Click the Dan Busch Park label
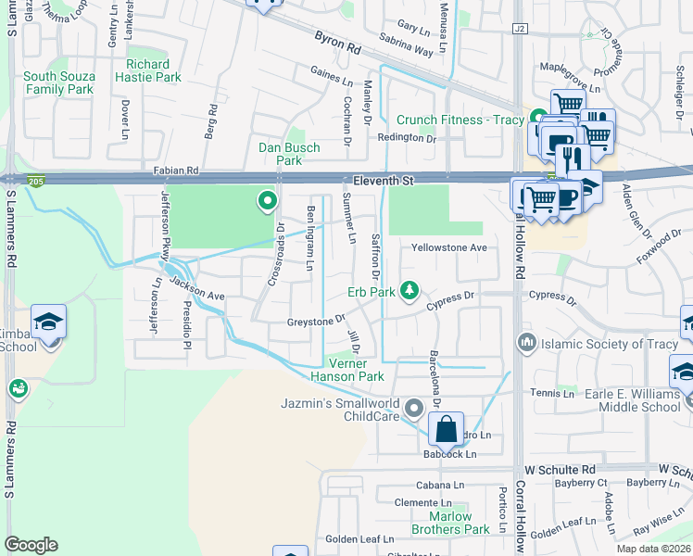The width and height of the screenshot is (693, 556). tap(289, 154)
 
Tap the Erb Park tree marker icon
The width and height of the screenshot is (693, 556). tap(409, 291)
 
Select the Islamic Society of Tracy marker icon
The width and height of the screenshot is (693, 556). tap(528, 344)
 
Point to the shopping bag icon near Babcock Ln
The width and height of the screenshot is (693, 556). tap(446, 429)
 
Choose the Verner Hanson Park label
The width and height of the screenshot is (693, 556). tap(353, 371)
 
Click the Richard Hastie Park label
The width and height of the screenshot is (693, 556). tap(148, 71)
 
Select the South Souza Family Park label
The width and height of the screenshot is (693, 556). tap(59, 83)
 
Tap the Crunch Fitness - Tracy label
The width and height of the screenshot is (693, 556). tap(460, 120)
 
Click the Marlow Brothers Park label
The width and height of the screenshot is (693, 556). tap(451, 524)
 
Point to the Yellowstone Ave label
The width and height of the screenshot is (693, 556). tap(449, 248)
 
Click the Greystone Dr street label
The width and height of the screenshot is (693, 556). tap(316, 321)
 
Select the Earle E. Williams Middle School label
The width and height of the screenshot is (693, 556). tap(632, 400)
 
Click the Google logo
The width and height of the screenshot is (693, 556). tap(31, 544)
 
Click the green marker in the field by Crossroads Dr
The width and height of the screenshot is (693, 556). tap(268, 199)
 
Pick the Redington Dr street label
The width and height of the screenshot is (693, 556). tap(406, 138)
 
